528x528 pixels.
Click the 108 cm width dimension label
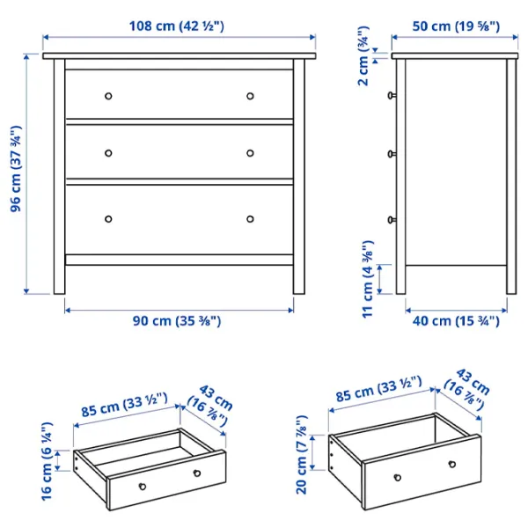177,26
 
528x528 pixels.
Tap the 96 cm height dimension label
16,169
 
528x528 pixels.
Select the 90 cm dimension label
177,320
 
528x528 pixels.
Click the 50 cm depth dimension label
456,26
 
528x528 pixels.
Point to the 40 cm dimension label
456,320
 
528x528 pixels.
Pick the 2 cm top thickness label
363,55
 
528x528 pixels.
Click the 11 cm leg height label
368,279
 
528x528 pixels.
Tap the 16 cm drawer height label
47,461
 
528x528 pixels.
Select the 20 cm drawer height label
301,455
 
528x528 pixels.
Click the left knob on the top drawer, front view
108,96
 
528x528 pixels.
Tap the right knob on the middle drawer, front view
250,153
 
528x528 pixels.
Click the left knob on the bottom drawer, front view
108,219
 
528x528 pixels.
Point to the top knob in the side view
392,96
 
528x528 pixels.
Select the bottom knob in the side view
392,220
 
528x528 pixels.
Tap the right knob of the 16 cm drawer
197,473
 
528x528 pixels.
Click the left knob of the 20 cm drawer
398,478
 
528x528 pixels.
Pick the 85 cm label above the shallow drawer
124,405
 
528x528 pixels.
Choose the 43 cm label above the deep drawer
468,388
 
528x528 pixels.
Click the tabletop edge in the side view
455,56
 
